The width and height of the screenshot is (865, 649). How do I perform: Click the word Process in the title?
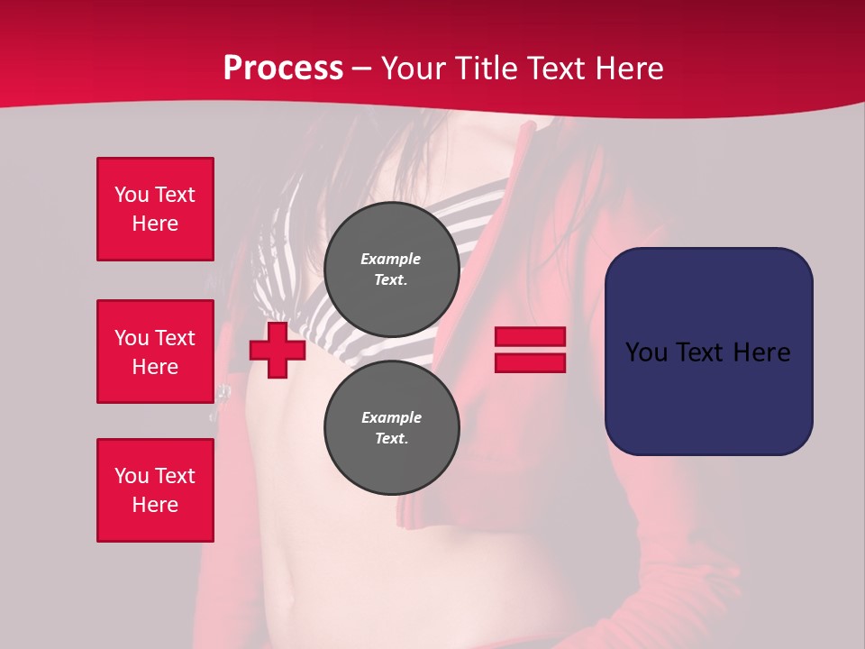[x=283, y=69]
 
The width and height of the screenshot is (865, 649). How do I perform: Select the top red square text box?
[x=155, y=209]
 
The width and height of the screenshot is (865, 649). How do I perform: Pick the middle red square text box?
[x=155, y=352]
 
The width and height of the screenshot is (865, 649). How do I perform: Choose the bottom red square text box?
[x=155, y=490]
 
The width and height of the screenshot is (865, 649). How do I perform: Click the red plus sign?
[x=278, y=350]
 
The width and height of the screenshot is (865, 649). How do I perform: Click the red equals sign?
[x=531, y=350]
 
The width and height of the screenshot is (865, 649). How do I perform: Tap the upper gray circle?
[x=391, y=269]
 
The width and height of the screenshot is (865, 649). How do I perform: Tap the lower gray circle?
[x=391, y=428]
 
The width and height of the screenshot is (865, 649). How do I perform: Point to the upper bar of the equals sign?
[x=531, y=337]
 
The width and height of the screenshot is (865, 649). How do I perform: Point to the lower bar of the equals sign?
[x=531, y=362]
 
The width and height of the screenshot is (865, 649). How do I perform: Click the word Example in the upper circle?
[x=391, y=259]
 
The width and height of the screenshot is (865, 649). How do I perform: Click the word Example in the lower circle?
[x=391, y=417]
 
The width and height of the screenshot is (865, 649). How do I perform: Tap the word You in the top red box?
[x=131, y=195]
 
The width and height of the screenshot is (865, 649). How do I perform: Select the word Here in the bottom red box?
[x=155, y=505]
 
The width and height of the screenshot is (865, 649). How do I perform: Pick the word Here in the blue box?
[x=762, y=352]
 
